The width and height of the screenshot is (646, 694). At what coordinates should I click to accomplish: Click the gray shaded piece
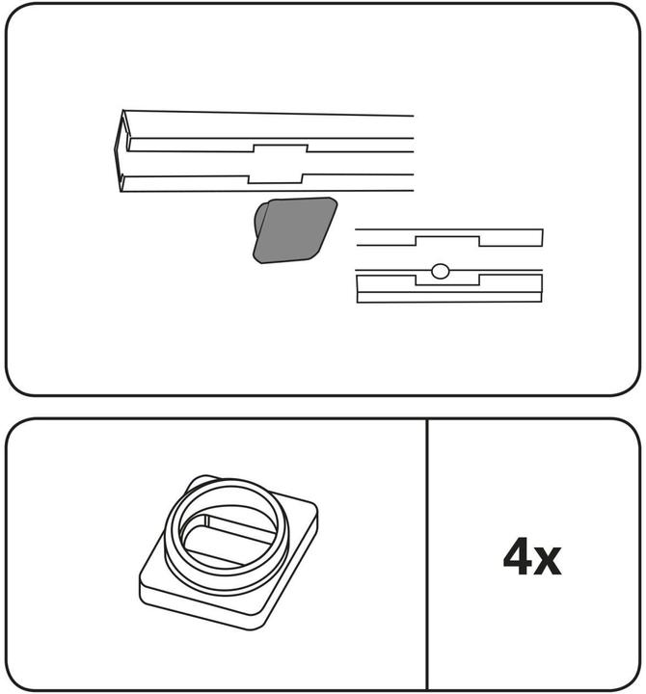tap(294, 230)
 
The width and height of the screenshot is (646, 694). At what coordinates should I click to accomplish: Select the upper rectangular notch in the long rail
tap(281, 148)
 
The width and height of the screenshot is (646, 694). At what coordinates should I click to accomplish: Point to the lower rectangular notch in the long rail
tap(275, 178)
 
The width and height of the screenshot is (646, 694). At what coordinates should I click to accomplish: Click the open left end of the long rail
tap(121, 151)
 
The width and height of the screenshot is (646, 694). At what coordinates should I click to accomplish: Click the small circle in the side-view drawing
tap(440, 271)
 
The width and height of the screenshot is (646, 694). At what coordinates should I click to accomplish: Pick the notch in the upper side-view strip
tap(447, 241)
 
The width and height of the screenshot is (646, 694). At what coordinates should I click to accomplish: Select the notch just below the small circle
tap(447, 280)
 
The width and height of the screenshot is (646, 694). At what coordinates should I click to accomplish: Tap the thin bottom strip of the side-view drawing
tap(449, 298)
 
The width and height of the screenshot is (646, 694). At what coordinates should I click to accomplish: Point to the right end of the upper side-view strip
tap(543, 238)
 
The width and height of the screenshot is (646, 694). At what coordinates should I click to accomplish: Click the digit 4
tap(519, 556)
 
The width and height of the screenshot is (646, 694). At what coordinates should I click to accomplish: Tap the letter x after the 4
tap(549, 560)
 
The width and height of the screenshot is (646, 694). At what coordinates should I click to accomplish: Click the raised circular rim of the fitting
tap(227, 486)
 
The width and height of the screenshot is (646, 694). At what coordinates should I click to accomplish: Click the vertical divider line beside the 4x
tap(427, 554)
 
